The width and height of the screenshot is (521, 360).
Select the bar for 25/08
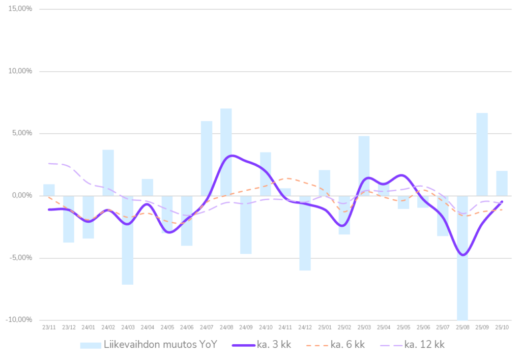(x=462, y=257)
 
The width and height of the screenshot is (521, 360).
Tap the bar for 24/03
(x=128, y=240)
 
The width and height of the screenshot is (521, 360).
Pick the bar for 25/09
(x=482, y=154)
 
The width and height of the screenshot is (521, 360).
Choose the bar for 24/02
(x=108, y=172)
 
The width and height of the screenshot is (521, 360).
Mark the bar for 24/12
(x=305, y=233)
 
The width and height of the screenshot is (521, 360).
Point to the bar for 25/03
(x=364, y=165)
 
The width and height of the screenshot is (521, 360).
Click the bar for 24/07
(x=207, y=158)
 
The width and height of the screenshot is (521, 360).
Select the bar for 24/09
(x=246, y=225)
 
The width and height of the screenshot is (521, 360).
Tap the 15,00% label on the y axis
(x=20, y=9)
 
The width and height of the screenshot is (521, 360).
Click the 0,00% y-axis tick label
(x=22, y=195)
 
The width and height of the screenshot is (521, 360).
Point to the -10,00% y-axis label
(x=20, y=320)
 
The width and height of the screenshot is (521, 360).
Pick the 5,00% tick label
(x=22, y=133)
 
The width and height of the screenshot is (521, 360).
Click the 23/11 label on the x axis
(x=49, y=327)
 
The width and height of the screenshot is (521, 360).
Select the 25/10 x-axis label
(x=502, y=327)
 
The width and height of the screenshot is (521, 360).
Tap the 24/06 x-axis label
(x=187, y=327)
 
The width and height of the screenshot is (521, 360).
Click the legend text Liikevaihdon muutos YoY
(x=161, y=345)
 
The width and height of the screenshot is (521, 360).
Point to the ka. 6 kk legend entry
(x=348, y=345)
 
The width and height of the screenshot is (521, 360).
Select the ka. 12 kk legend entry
(x=424, y=345)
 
